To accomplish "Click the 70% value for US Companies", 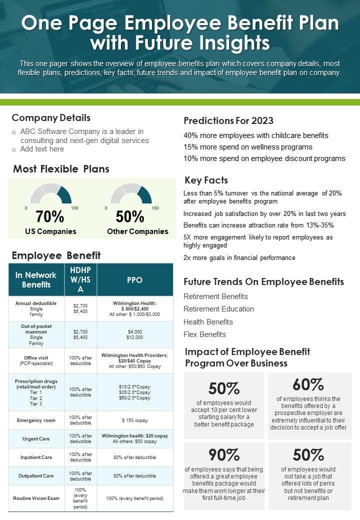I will click(x=50, y=216).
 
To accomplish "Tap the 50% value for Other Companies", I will click(x=130, y=216).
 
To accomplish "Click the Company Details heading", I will click(x=51, y=118).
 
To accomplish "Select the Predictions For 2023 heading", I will click(x=228, y=120).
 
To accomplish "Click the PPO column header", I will click(x=135, y=280).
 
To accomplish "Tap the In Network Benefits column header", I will click(x=36, y=280).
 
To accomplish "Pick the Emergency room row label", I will click(x=36, y=420).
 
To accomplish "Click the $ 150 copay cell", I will click(x=135, y=420).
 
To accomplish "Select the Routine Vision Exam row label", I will click(x=36, y=498).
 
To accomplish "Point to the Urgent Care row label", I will click(x=36, y=439).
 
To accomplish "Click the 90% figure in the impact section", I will click(x=224, y=455).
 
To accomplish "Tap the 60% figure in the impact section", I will click(x=308, y=384).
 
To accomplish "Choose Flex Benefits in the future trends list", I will click(x=205, y=334).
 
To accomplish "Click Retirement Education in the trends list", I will click(x=219, y=309).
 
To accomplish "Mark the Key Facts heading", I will click(x=206, y=180).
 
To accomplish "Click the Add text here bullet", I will click(x=42, y=149).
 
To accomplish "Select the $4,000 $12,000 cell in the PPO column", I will click(x=135, y=335).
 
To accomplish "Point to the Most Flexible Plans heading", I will click(x=61, y=169).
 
